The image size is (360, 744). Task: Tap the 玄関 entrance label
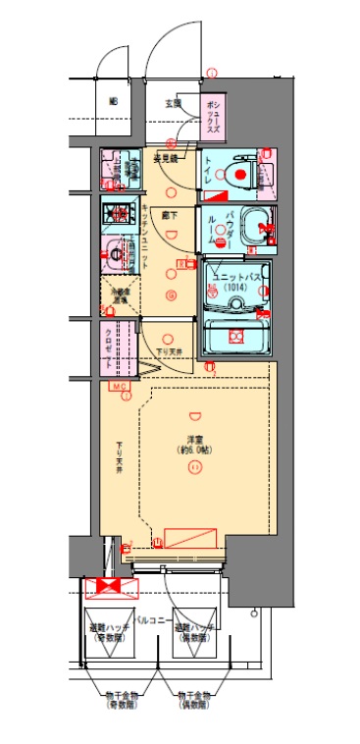pyautogui.click(x=173, y=101)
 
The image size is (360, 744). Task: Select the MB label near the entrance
pyautogui.click(x=113, y=102)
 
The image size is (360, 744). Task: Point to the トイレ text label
pyautogui.click(x=208, y=173)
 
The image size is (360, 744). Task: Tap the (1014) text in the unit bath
pyautogui.click(x=234, y=289)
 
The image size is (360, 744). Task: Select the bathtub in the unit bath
pyautogui.click(x=235, y=334)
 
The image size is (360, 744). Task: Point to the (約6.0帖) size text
pyautogui.click(x=196, y=450)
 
